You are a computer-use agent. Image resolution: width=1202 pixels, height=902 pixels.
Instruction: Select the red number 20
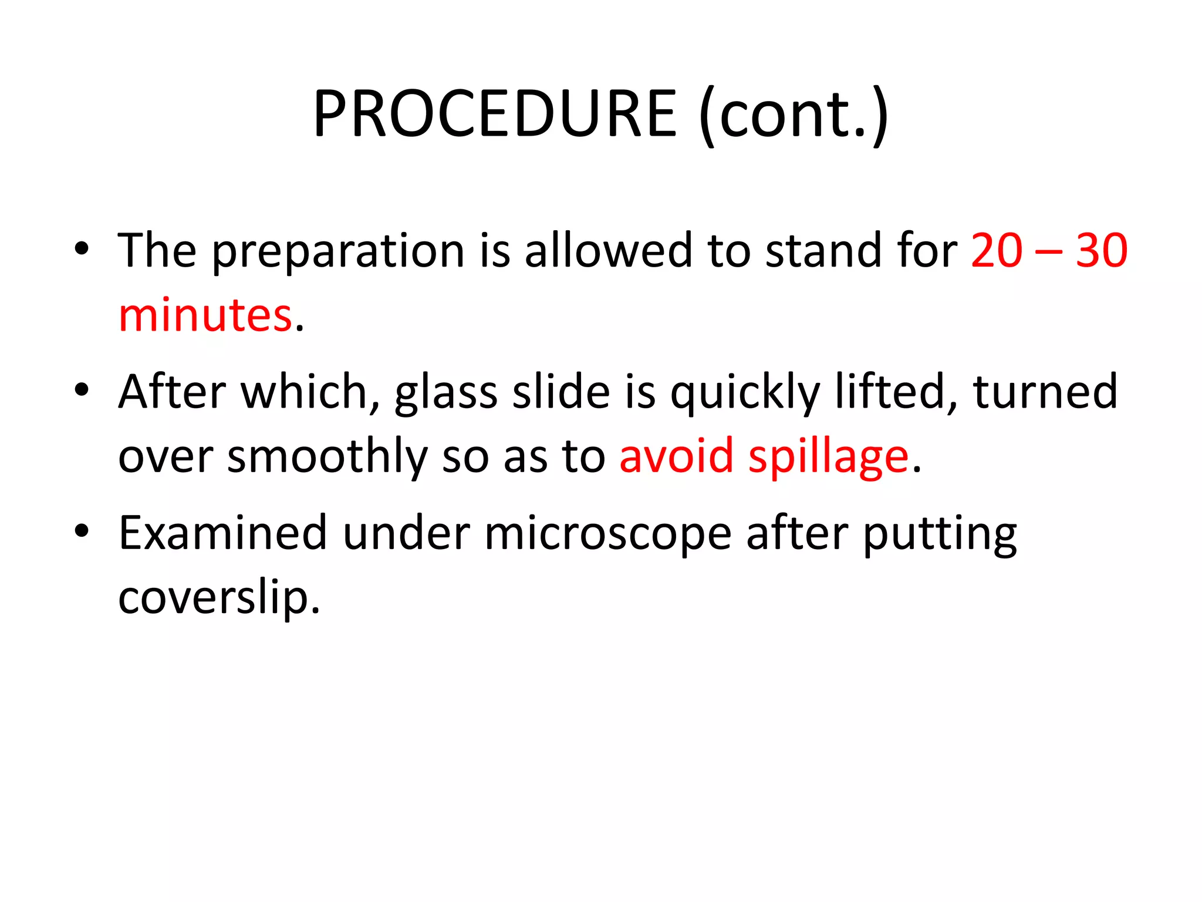point(997,251)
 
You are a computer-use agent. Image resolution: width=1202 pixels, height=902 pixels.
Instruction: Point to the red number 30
point(1101,251)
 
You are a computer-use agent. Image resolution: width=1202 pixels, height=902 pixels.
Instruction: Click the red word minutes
point(205,315)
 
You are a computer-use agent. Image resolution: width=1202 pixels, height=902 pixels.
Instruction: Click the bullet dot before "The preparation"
point(82,248)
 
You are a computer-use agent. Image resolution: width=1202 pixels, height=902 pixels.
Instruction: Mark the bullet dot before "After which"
point(82,389)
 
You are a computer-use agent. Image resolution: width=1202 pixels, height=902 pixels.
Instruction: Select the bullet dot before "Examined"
point(82,530)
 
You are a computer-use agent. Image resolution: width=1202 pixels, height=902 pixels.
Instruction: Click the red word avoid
point(676,456)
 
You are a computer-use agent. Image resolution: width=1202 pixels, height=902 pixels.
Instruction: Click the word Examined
point(222,533)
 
